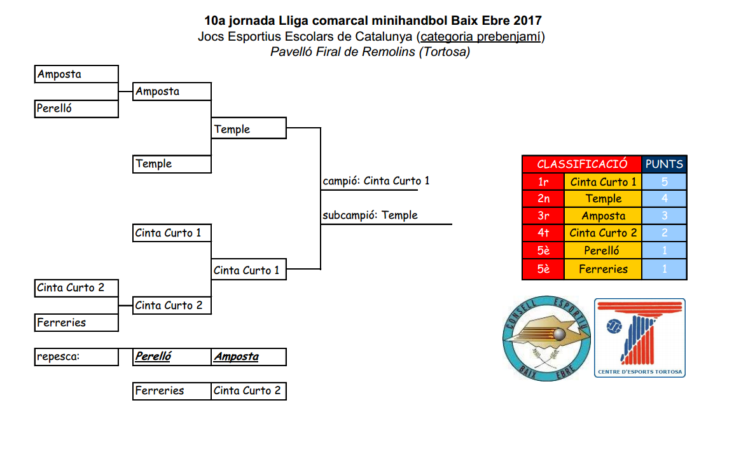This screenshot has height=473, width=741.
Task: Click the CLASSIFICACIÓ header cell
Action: (582, 164)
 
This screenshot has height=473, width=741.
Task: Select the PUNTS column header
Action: (664, 164)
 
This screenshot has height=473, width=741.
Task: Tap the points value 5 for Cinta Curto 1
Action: (664, 182)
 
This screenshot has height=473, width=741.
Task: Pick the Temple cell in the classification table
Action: (603, 199)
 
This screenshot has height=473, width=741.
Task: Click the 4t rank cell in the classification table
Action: (543, 233)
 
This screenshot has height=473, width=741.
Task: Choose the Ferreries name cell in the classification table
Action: (603, 270)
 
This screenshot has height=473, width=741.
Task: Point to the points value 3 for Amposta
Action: (664, 216)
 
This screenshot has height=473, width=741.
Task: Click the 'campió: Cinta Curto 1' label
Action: (376, 181)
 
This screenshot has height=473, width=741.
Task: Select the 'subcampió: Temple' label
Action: (370, 216)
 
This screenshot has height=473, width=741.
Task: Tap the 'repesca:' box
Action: (76, 357)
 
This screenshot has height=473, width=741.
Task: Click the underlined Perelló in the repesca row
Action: (153, 357)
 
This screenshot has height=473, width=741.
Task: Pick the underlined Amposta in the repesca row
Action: (236, 357)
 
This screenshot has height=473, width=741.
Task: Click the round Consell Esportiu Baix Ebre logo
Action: (544, 339)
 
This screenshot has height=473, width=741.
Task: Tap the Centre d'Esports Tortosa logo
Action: (639, 338)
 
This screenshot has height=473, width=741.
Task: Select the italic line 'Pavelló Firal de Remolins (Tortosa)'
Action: (370, 52)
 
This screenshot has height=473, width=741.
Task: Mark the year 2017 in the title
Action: (529, 21)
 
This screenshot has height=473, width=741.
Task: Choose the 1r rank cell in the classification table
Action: (543, 182)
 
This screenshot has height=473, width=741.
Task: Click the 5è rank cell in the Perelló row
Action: (543, 250)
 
